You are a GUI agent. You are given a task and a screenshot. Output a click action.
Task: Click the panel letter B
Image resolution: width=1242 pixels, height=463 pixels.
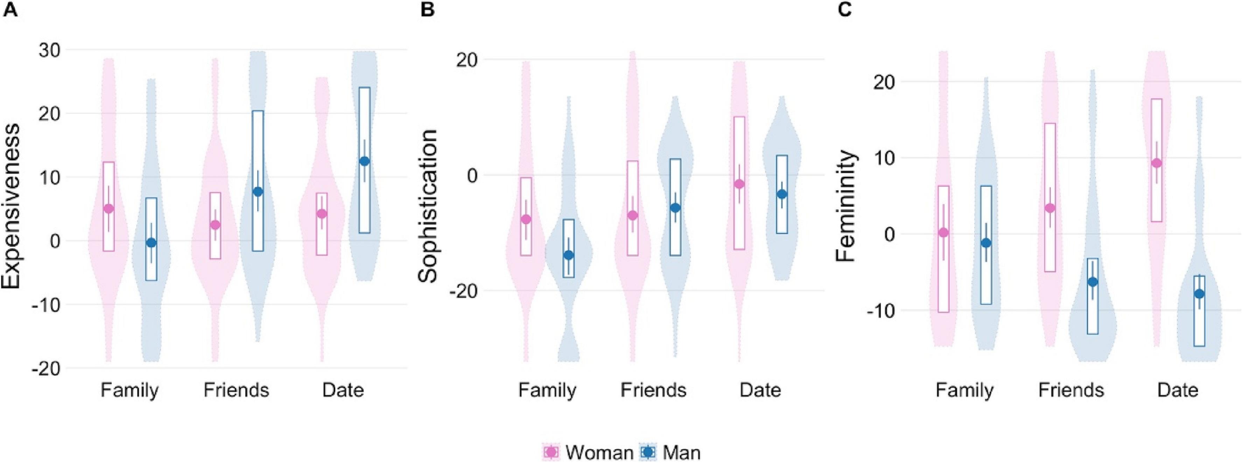(x=427, y=10)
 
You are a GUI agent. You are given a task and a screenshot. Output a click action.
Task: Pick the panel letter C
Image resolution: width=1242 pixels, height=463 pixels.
(x=845, y=10)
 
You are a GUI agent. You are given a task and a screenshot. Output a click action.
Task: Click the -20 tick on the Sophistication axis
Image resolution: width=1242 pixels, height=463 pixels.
(x=464, y=291)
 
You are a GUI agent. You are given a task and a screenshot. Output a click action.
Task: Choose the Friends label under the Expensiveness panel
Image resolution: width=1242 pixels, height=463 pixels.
(x=236, y=390)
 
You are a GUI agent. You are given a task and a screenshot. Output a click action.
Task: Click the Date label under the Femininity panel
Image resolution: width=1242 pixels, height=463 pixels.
(x=1178, y=390)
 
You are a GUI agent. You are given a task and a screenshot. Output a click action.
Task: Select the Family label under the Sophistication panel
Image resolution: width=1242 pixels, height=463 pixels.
(x=547, y=390)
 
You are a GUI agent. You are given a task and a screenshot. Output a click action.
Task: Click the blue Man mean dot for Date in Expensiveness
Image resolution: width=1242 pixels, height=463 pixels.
(x=365, y=161)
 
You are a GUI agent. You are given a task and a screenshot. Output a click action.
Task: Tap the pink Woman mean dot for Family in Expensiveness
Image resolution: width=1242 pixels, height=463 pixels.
(x=108, y=208)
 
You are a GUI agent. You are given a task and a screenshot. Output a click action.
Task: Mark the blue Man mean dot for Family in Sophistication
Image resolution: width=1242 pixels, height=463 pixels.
(x=569, y=255)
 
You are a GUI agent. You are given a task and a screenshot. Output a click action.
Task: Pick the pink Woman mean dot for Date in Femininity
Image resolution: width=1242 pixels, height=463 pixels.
(x=1156, y=163)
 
